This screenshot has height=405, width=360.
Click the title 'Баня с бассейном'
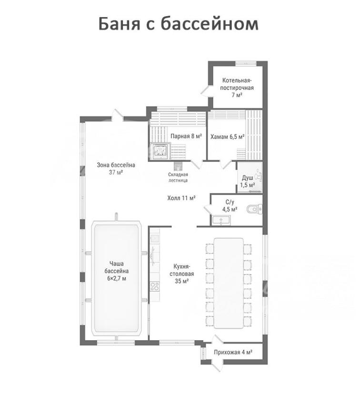coord(178,24)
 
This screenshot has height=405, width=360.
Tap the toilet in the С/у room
coord(254,208)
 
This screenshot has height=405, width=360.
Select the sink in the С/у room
coord(221,220)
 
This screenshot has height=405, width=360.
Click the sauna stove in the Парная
coord(160,151)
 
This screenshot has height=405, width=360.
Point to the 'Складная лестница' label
coord(178,178)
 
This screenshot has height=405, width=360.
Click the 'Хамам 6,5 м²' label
coord(227,136)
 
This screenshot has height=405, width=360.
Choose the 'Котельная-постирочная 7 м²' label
coord(237,88)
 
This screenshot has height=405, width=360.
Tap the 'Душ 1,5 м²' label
coord(248,182)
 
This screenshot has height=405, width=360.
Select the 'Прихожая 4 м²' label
coord(233,352)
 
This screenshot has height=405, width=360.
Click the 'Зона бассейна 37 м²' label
coord(116,168)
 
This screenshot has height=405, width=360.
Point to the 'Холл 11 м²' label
coord(181,198)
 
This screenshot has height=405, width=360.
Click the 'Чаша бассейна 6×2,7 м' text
coord(116,271)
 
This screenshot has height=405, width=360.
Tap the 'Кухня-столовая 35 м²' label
coord(182,273)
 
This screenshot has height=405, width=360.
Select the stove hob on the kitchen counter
coord(155,286)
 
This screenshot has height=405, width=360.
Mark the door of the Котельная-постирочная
coord(207,91)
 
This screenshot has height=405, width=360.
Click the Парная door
coord(197,164)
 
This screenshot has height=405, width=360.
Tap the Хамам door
coord(226,164)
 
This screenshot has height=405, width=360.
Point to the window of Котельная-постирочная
coord(246,63)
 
